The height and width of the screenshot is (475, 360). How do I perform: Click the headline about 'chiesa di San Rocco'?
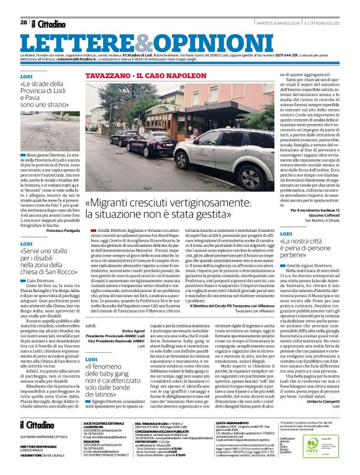[50, 262]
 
